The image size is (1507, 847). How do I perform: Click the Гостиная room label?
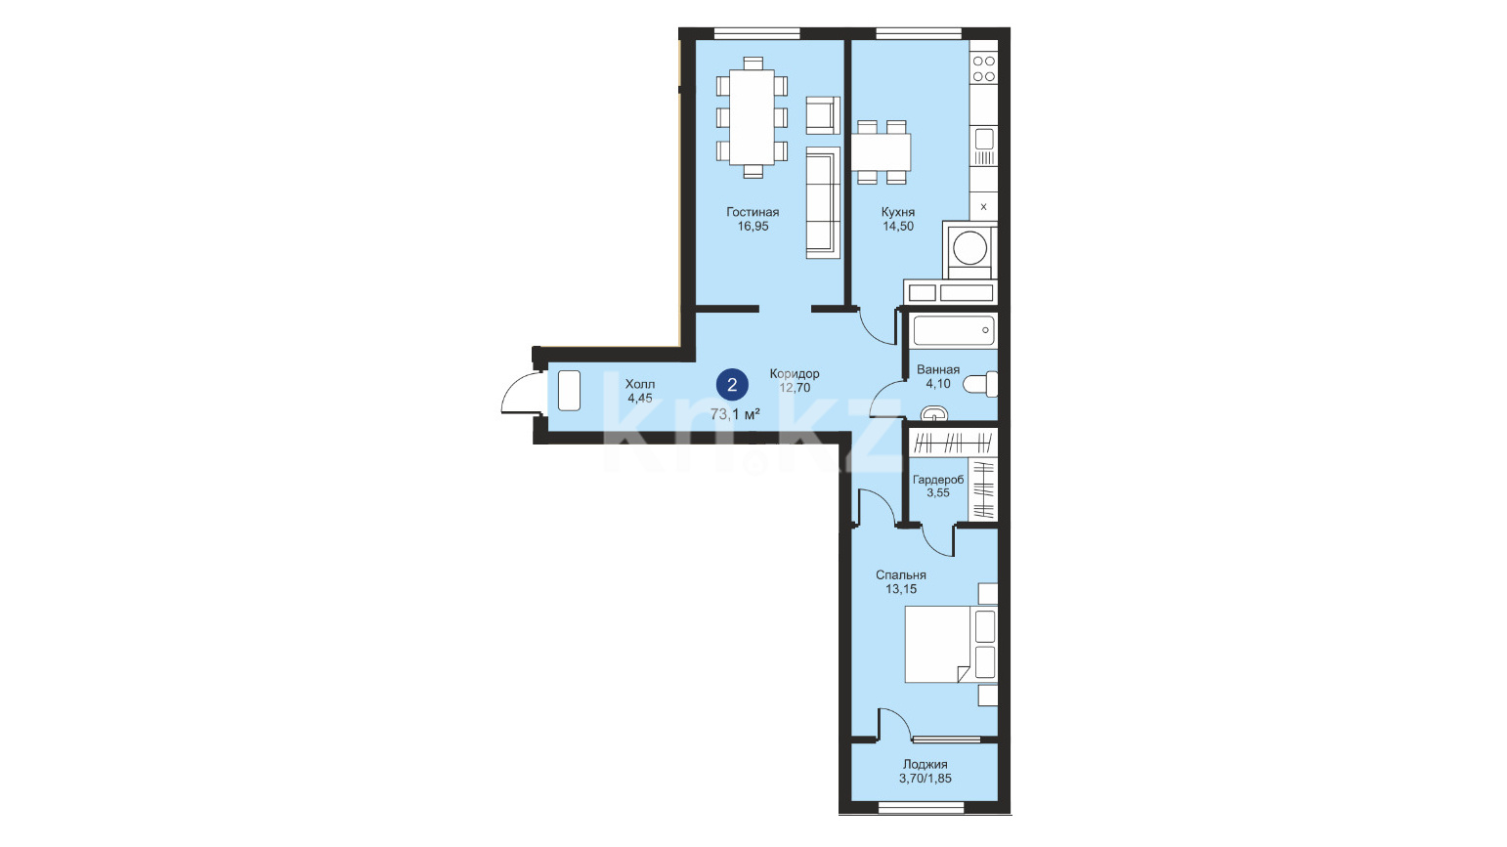(x=753, y=212)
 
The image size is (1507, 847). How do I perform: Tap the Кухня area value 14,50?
(x=898, y=227)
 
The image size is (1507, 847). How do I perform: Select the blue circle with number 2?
(x=732, y=385)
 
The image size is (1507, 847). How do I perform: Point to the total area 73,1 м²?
(x=735, y=414)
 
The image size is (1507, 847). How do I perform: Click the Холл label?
(x=640, y=384)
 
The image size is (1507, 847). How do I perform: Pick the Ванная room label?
(x=938, y=369)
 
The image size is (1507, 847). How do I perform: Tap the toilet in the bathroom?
(x=980, y=384)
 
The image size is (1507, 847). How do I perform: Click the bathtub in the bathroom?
(x=954, y=330)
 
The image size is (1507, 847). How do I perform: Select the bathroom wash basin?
(x=933, y=413)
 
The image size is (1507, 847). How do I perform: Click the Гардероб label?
(x=938, y=480)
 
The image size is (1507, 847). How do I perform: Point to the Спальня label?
(x=900, y=575)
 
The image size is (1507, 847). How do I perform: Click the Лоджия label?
(x=926, y=764)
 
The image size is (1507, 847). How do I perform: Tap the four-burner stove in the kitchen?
(x=983, y=68)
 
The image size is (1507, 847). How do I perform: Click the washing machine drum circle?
(x=969, y=247)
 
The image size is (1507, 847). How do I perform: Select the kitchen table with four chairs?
(x=882, y=152)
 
